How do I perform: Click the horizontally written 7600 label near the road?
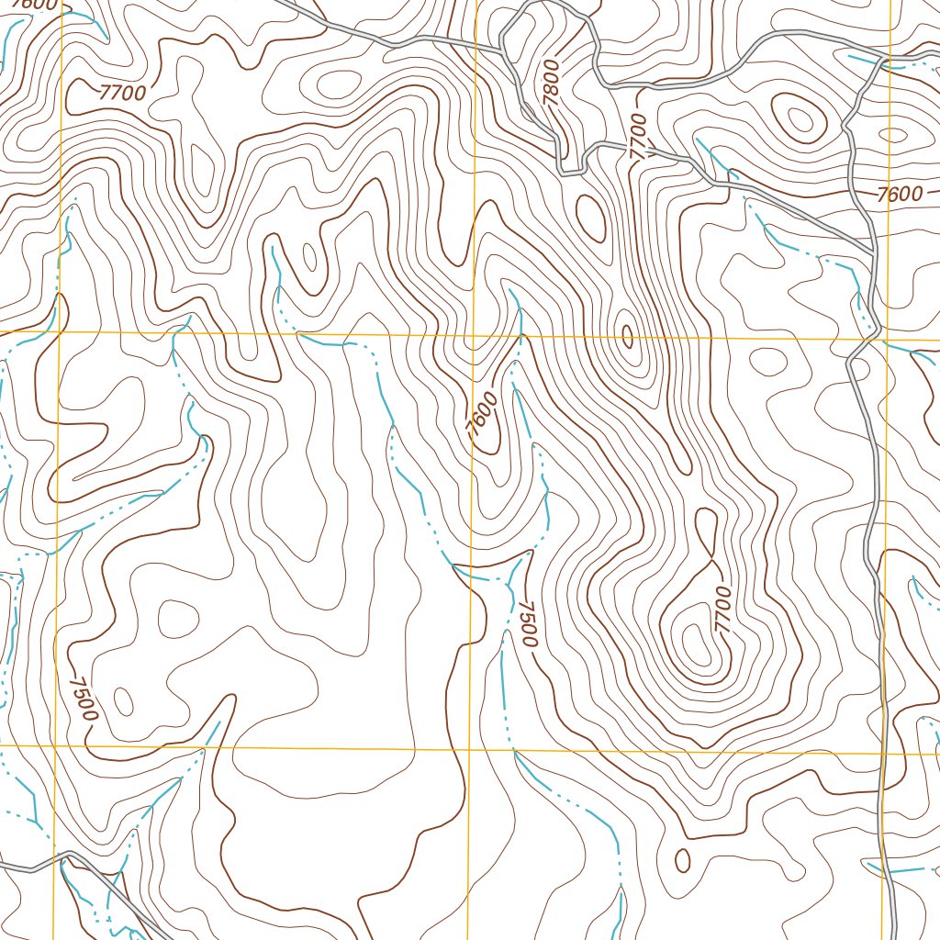[x=898, y=195]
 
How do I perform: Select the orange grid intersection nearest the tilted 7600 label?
[x=473, y=335]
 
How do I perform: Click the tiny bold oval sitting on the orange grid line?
[x=628, y=337]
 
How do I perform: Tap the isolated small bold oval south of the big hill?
[x=682, y=860]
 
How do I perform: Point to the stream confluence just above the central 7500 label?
[x=508, y=580]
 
